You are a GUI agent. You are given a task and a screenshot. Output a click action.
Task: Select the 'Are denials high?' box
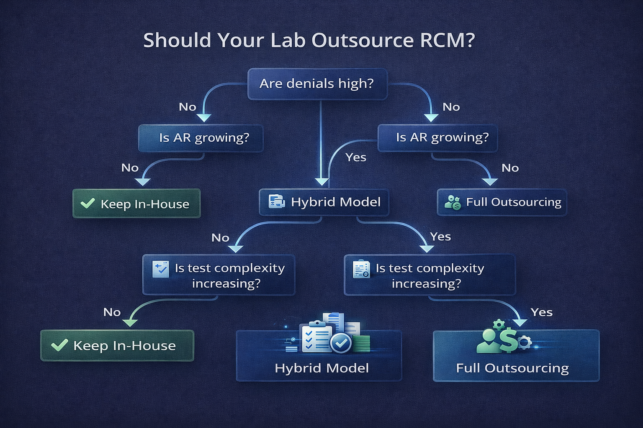click(317, 84)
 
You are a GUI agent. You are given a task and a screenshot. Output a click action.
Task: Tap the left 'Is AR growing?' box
click(201, 138)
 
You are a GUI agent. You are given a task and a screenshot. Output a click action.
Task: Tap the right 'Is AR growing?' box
click(438, 138)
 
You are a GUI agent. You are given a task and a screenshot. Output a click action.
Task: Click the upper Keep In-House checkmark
click(87, 203)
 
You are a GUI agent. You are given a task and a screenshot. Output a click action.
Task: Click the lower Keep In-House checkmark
click(59, 345)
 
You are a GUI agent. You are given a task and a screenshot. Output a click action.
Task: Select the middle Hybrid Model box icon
click(276, 201)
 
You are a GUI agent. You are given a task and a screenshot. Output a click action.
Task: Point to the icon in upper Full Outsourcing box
click(453, 202)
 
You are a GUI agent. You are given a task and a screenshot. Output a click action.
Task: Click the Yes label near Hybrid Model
click(355, 158)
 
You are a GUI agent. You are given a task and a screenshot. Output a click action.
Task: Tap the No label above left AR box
click(187, 107)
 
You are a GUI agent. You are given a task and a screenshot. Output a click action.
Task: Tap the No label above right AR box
click(451, 107)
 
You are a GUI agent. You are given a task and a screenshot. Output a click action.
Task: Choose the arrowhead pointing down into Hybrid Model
click(321, 181)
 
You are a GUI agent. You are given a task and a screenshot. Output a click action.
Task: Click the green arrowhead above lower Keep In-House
click(130, 322)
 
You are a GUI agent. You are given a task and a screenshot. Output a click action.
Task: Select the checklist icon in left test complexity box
click(161, 269)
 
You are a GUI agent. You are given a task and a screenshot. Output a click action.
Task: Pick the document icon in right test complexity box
click(361, 269)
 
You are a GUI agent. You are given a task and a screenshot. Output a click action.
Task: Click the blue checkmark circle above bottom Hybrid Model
click(341, 343)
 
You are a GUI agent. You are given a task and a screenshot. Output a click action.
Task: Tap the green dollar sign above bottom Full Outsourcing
click(508, 340)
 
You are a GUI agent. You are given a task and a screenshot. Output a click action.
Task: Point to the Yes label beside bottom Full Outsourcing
click(541, 312)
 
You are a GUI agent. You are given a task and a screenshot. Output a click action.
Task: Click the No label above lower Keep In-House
click(112, 312)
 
